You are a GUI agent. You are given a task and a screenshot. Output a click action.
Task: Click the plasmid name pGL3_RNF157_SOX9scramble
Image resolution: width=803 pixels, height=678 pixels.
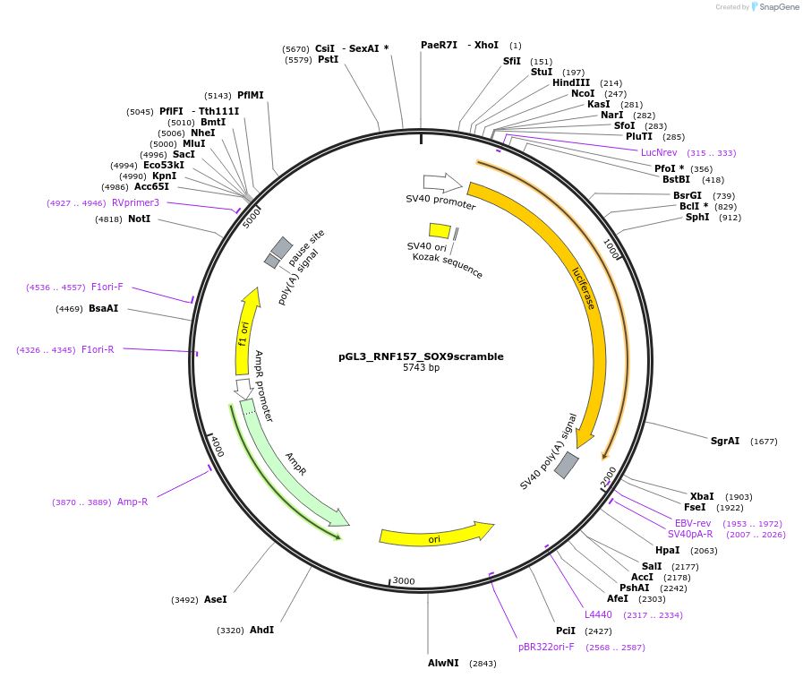click(x=421, y=356)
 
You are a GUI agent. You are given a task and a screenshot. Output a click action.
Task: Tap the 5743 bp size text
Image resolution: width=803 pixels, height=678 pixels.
click(x=421, y=367)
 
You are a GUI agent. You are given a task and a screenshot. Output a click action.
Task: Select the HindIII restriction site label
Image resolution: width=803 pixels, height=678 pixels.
click(x=571, y=82)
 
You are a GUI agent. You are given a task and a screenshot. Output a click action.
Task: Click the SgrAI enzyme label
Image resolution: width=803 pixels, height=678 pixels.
click(x=725, y=441)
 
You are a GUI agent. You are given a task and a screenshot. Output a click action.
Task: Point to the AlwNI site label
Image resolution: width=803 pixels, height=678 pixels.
click(x=443, y=663)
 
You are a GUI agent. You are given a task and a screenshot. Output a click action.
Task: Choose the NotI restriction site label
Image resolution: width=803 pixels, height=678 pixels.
click(x=139, y=219)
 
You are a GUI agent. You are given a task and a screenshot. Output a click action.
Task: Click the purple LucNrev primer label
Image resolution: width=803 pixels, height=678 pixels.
click(x=659, y=152)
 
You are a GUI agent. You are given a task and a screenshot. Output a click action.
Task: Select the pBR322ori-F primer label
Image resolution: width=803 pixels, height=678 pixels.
click(x=546, y=647)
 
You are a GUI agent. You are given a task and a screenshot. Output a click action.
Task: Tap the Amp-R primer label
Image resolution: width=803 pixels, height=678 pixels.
click(x=132, y=502)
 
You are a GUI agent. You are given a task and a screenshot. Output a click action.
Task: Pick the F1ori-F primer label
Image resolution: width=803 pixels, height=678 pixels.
click(x=107, y=287)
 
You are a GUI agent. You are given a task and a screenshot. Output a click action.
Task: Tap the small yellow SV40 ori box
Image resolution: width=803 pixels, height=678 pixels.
click(x=440, y=230)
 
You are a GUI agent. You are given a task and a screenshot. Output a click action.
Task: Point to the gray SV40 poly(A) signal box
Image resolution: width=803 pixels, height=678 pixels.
click(x=567, y=465)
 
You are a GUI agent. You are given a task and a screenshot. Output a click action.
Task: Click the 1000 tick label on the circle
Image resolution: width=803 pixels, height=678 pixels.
click(x=611, y=248)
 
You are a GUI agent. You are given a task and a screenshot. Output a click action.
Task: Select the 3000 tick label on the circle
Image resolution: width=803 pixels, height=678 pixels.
click(x=404, y=581)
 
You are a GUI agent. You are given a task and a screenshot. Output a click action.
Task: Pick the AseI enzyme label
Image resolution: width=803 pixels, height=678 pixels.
click(x=216, y=599)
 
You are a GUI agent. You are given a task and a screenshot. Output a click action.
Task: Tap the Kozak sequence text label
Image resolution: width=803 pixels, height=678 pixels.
click(x=448, y=265)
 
